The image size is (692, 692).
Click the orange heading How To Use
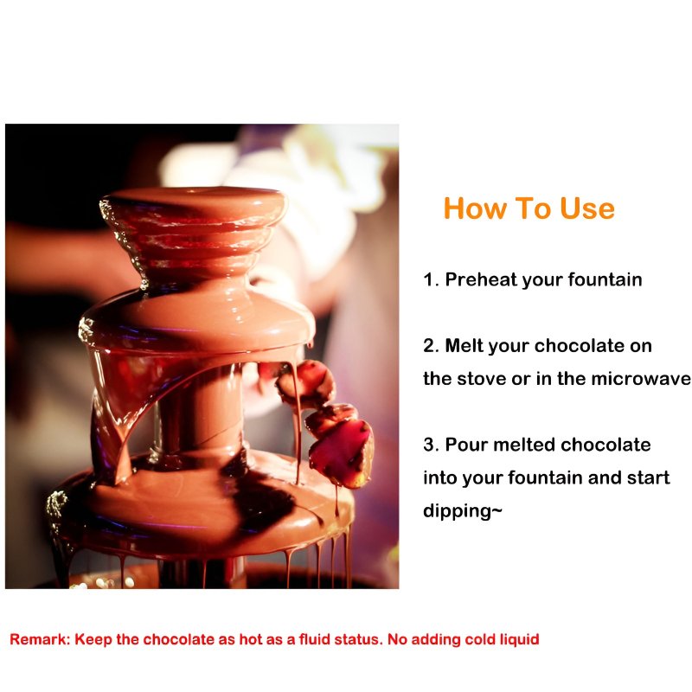coord(529,208)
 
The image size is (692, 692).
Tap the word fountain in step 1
coord(605,279)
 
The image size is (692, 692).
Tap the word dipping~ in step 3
coord(463,511)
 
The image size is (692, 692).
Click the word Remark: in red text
coord(40,639)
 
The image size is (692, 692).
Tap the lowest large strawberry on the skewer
coord(342,453)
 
